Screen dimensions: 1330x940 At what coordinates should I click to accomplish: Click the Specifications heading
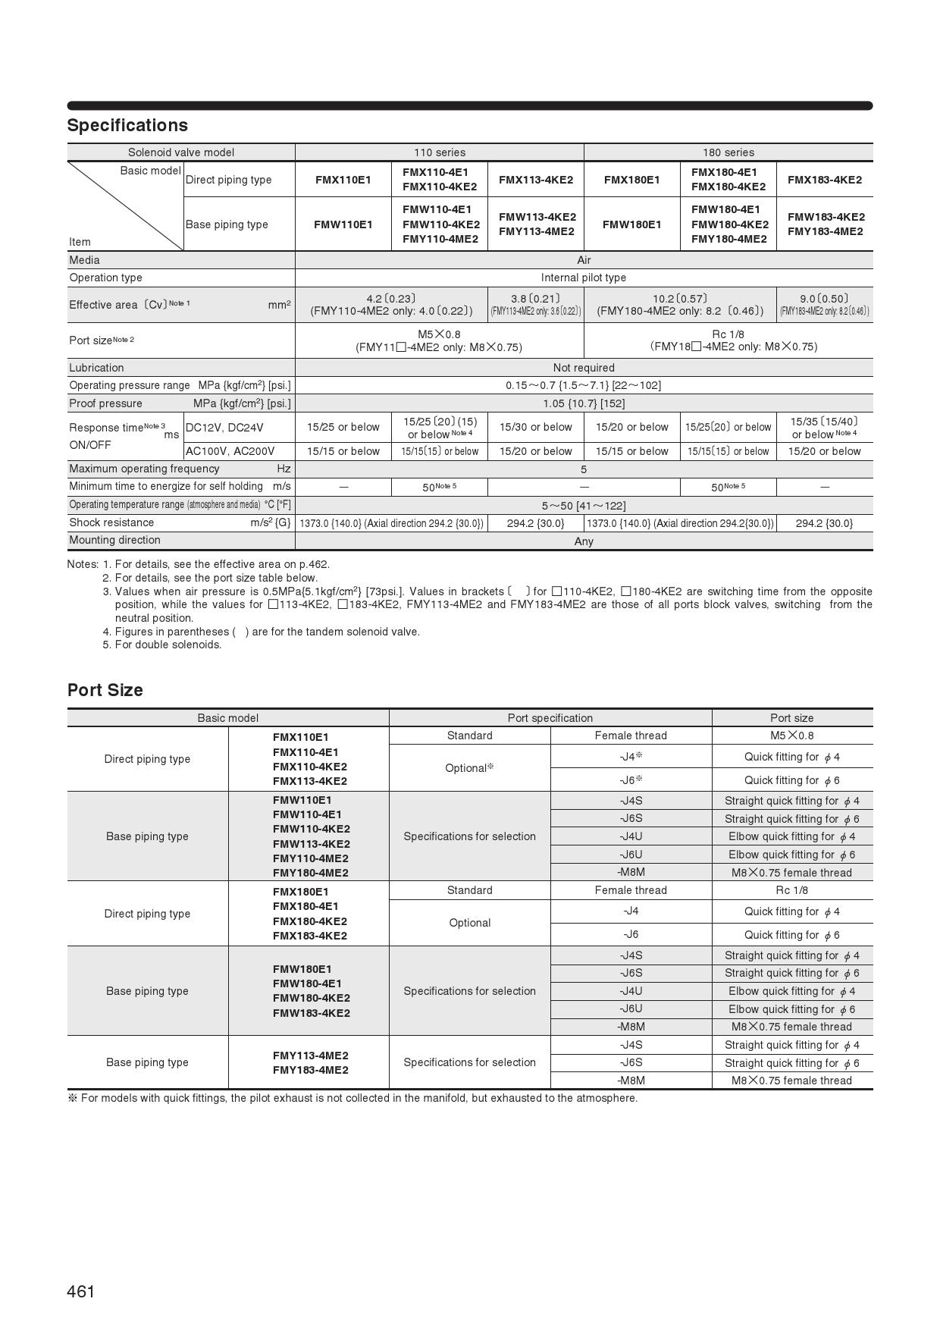click(127, 125)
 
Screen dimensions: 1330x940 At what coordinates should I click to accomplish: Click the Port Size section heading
click(105, 690)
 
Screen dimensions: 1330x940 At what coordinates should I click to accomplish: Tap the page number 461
click(81, 1291)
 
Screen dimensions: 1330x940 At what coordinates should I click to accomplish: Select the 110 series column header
click(440, 152)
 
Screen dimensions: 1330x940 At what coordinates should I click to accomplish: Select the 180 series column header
click(728, 152)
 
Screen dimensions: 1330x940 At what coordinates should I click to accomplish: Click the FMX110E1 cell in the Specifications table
click(343, 180)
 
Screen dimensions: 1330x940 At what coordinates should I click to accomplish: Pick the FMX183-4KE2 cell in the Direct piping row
click(824, 180)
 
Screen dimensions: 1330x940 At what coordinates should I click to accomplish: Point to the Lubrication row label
click(96, 368)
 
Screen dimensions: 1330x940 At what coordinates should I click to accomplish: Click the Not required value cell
click(584, 368)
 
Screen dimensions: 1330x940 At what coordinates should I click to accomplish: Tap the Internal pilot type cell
click(584, 278)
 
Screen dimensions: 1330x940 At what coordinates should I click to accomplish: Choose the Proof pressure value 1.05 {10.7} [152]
click(584, 403)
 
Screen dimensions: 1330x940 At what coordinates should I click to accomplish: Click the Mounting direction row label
click(114, 540)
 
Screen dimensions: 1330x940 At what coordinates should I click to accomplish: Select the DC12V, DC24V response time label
click(224, 428)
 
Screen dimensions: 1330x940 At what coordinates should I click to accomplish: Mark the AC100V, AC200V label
click(230, 451)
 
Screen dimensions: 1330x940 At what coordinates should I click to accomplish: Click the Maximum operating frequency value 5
click(584, 469)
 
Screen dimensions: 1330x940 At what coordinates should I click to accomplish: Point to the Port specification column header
click(550, 718)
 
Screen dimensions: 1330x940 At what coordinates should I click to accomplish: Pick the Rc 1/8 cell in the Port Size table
click(791, 890)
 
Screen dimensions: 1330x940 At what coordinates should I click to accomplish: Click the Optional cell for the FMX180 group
click(469, 923)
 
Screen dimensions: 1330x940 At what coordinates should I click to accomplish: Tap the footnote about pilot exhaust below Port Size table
click(352, 1098)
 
